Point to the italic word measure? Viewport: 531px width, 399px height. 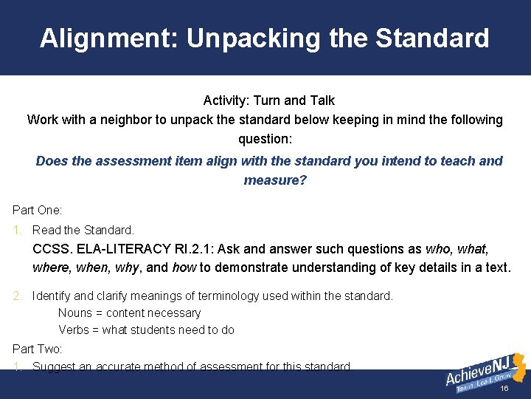click(275, 180)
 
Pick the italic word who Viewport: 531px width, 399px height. click(438, 249)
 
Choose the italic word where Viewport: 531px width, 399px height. click(49, 267)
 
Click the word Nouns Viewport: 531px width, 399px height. click(75, 313)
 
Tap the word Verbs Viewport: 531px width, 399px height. click(74, 330)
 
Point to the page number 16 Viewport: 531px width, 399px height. click(504, 389)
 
